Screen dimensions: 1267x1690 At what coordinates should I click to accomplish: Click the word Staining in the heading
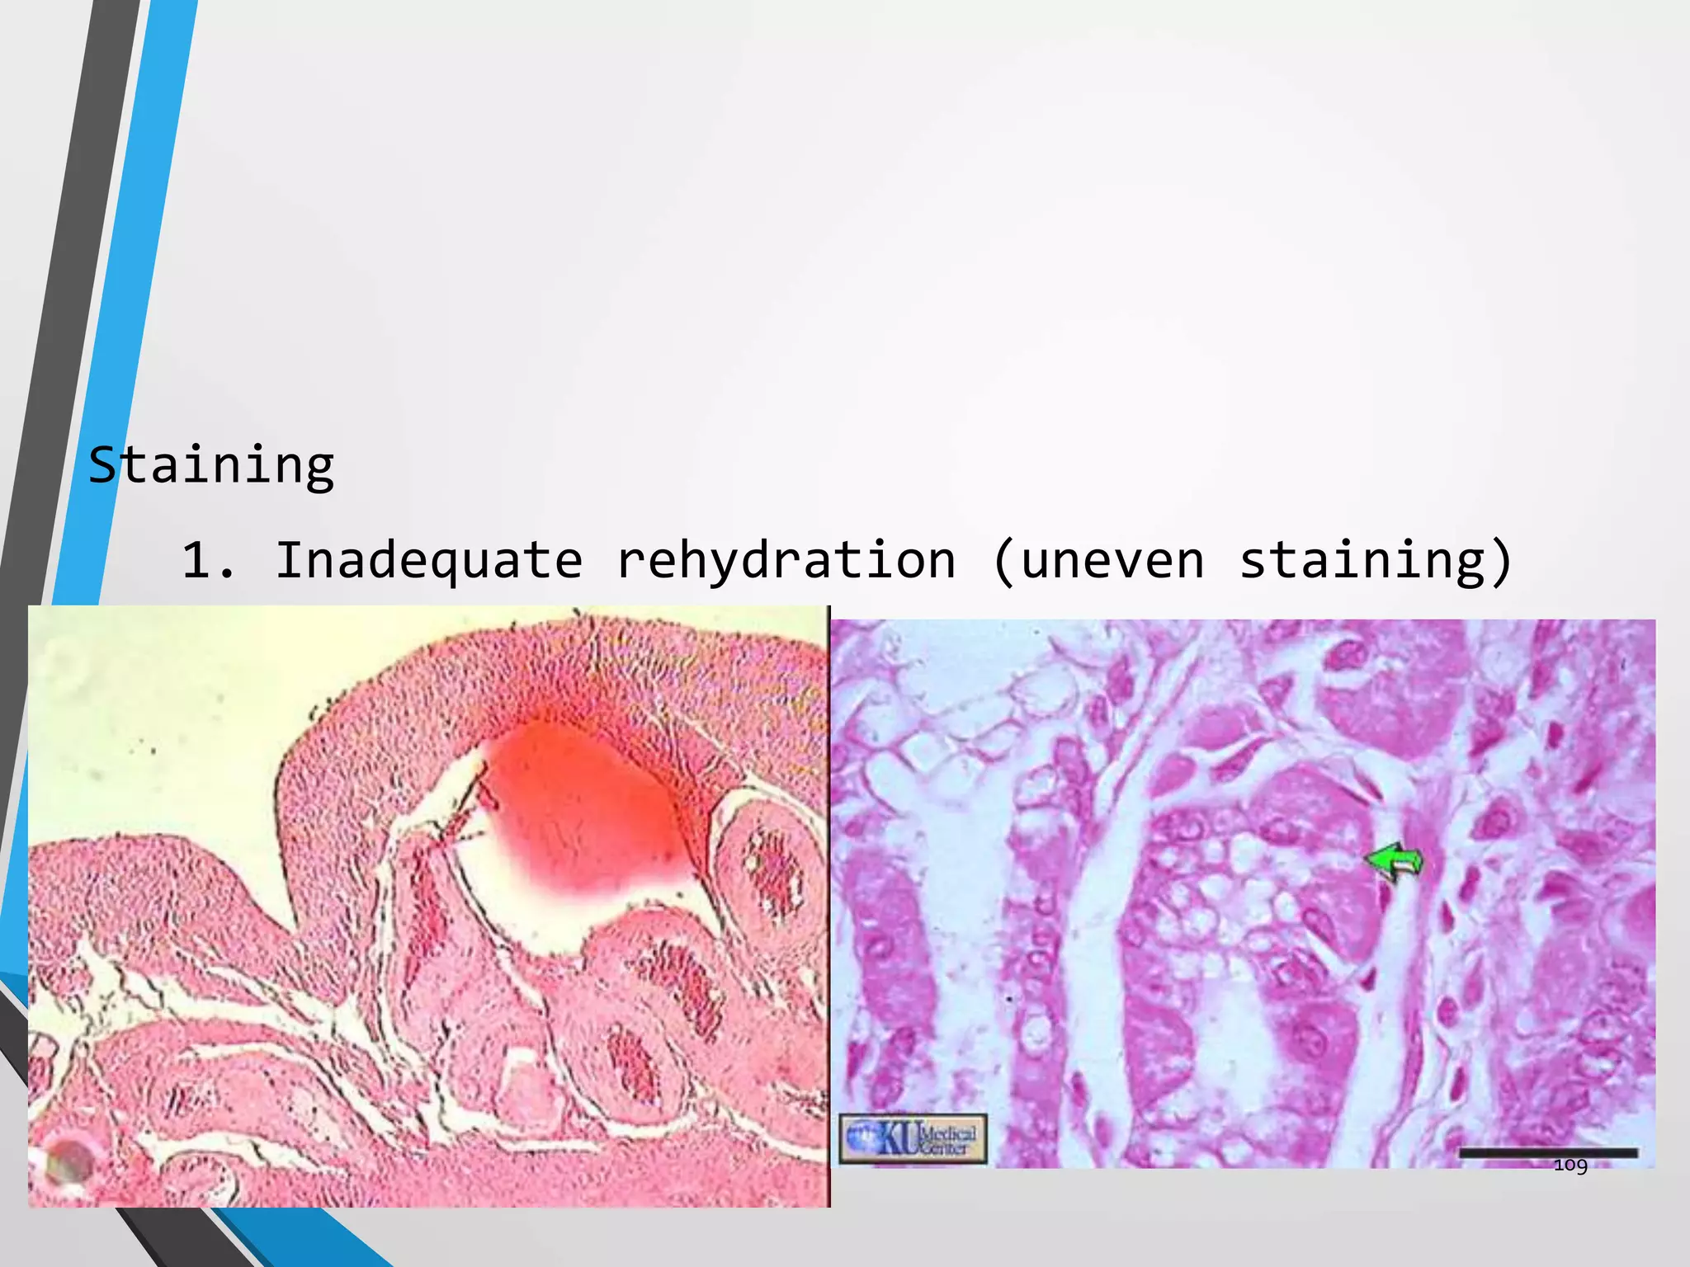[211, 465]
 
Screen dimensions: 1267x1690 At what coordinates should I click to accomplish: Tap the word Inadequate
[429, 561]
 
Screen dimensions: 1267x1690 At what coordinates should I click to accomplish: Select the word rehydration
[786, 561]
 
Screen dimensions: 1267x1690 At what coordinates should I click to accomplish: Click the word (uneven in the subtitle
[1098, 561]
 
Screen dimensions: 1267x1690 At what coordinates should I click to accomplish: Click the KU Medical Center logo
[913, 1139]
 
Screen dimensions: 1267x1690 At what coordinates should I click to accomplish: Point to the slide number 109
[1570, 1165]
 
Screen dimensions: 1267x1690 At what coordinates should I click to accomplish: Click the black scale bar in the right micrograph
[1548, 1153]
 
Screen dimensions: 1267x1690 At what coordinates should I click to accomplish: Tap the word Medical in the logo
[947, 1132]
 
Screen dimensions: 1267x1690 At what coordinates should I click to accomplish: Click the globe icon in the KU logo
[861, 1139]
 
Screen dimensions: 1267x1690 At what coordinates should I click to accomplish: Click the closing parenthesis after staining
[1503, 561]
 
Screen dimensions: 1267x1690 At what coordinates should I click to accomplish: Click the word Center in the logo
[946, 1147]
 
